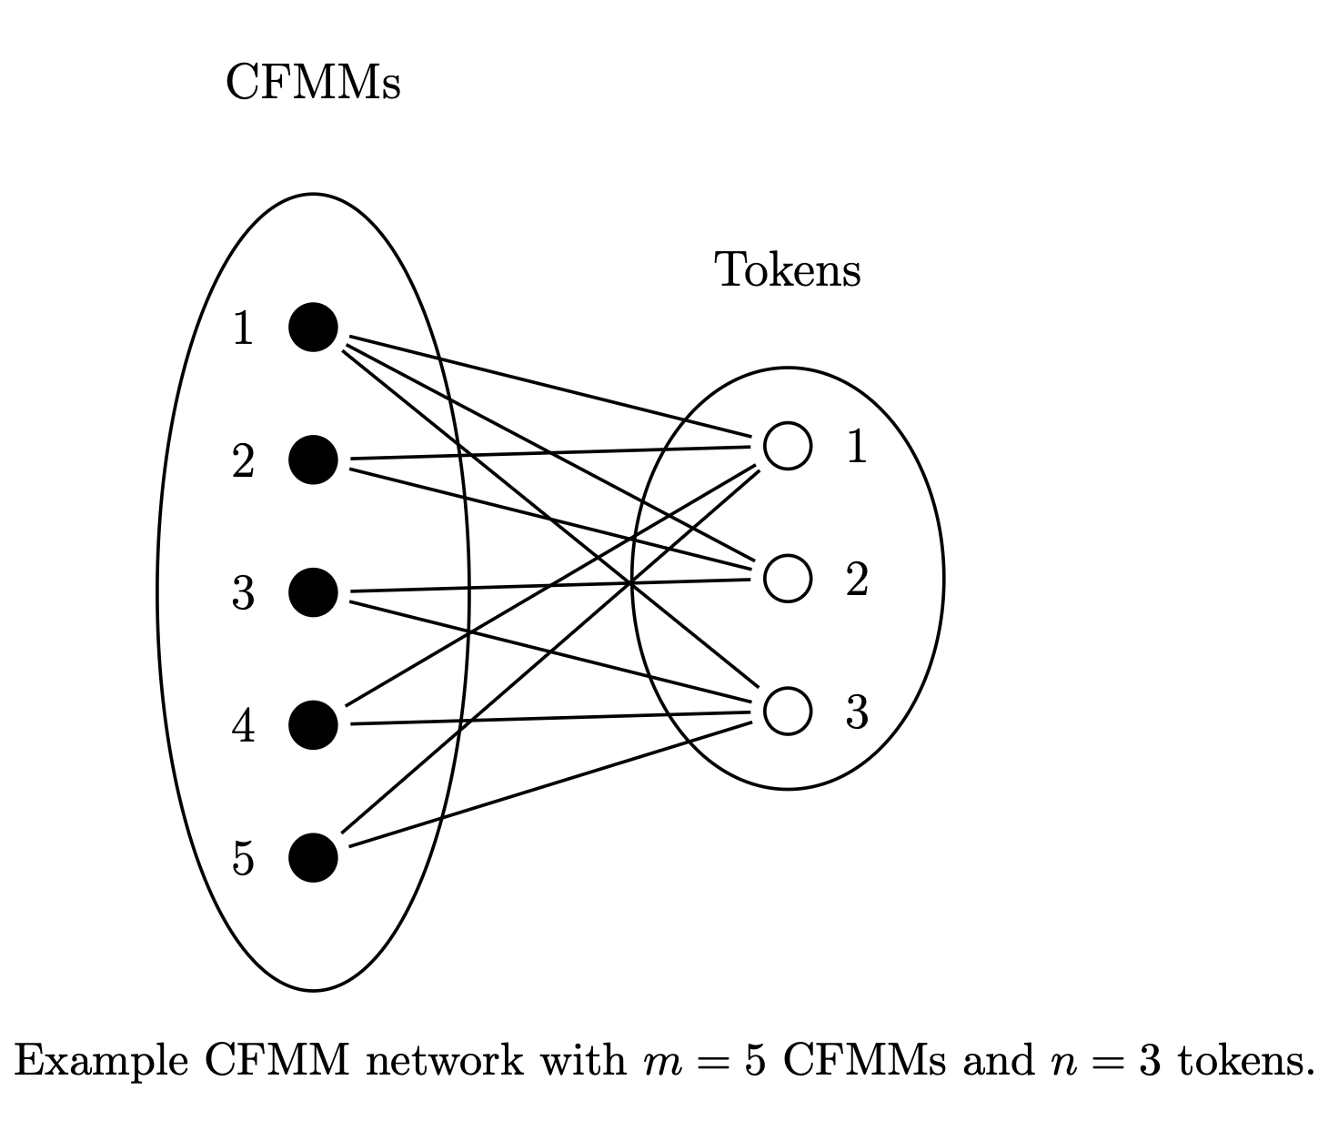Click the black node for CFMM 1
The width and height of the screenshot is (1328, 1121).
[x=313, y=327]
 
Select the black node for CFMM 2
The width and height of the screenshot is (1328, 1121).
[x=313, y=460]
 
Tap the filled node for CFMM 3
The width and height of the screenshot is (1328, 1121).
[x=313, y=592]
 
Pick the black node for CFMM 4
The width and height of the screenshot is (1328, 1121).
[x=313, y=725]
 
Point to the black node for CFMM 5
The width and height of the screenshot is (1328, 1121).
[x=313, y=858]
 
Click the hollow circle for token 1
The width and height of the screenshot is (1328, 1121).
[x=787, y=446]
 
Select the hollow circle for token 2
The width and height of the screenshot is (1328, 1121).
[x=787, y=579]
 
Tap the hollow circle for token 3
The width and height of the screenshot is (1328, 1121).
[x=787, y=712]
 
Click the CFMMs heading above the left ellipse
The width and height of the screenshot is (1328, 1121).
[x=312, y=83]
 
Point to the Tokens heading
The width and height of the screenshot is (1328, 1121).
[x=787, y=270]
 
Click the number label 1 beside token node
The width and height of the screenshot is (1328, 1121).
[x=857, y=446]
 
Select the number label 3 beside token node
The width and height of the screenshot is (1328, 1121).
[x=857, y=712]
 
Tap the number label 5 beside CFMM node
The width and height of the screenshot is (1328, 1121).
[x=243, y=859]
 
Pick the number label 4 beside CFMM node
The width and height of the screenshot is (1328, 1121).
[x=243, y=726]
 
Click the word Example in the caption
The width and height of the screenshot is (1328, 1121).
[x=102, y=1062]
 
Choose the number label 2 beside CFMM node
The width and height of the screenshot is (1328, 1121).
[x=243, y=460]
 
